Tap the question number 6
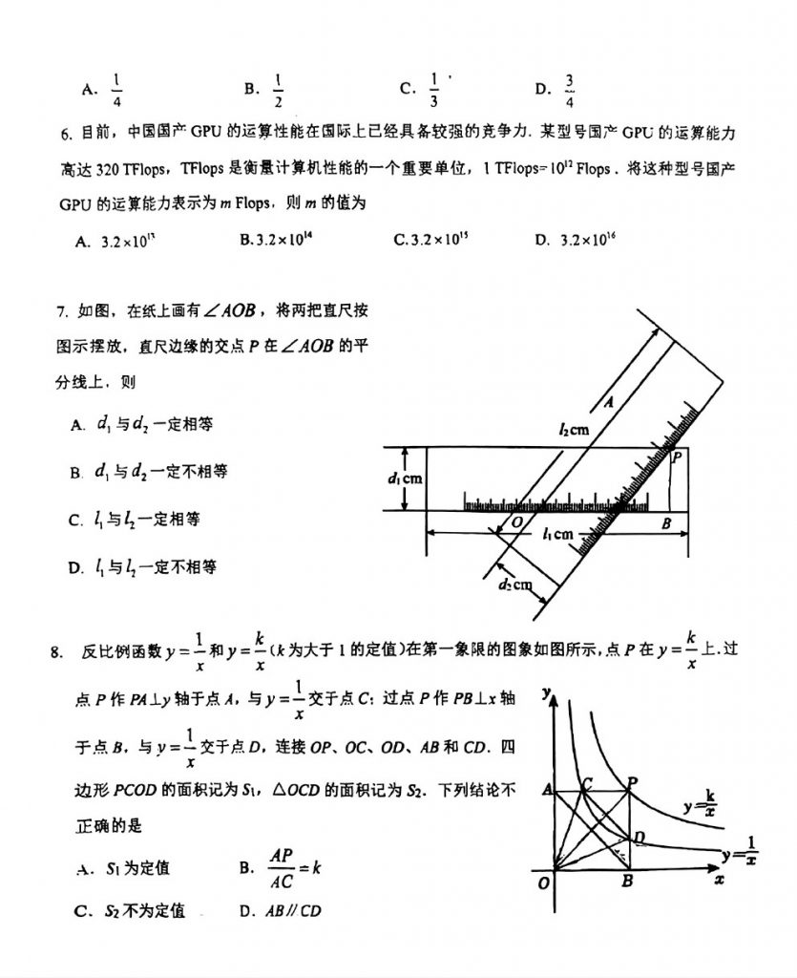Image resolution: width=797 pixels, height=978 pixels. coord(63,133)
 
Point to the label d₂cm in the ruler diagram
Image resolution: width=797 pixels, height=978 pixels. coord(517,585)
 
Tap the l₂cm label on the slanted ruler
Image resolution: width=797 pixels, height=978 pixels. coord(574,430)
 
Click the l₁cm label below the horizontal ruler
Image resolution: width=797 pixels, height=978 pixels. coord(557,535)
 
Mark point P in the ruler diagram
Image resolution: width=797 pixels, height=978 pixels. coord(676,458)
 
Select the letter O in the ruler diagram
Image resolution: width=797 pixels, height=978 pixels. coord(516,522)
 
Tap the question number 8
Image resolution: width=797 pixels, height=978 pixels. coord(56,652)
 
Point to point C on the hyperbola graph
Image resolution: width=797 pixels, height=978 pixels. coord(586,783)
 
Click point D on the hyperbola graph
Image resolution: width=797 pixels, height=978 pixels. coord(640,838)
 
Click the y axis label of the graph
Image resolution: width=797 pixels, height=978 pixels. coord(546,692)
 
